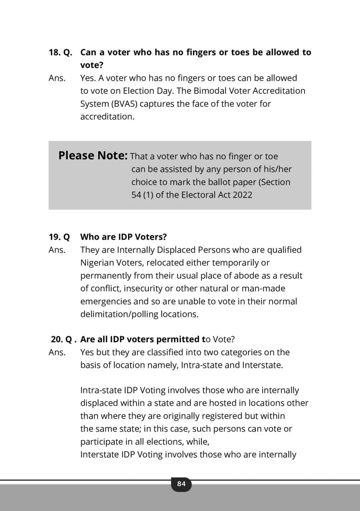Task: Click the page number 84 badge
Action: [181, 484]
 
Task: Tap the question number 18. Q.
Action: [60, 52]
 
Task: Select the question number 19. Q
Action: [59, 237]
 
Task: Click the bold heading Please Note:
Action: [93, 156]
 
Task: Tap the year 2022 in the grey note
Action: [242, 195]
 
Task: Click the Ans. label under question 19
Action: [57, 250]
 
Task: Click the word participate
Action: [101, 442]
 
